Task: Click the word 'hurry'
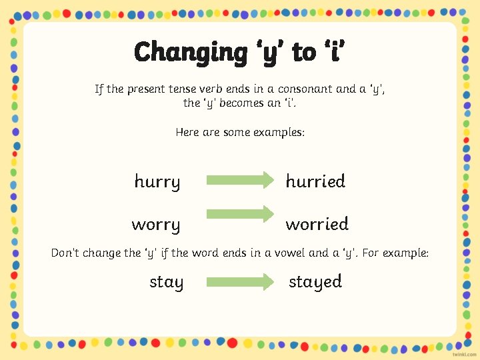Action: click(157, 182)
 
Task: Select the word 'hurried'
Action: click(315, 181)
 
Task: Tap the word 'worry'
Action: click(156, 225)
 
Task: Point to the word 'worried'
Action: click(317, 224)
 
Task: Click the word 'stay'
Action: click(166, 282)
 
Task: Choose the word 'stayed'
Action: click(315, 282)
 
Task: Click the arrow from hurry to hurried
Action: click(240, 180)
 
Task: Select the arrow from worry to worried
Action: click(240, 214)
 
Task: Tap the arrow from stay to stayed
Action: click(240, 282)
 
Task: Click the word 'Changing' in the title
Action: click(190, 52)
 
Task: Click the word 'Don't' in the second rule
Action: click(66, 253)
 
